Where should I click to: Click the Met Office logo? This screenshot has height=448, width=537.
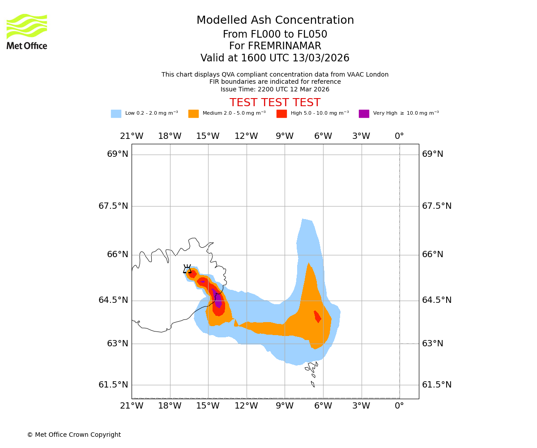[x=27, y=32]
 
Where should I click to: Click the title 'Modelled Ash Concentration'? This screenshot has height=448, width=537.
[x=275, y=21]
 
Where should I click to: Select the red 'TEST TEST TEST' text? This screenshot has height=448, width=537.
[x=275, y=103]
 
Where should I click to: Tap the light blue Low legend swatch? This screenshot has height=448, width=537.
[x=116, y=114]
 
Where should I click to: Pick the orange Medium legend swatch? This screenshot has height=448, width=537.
[x=193, y=114]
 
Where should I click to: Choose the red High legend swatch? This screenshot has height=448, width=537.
[x=281, y=114]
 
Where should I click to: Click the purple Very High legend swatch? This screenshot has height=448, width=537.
[x=364, y=114]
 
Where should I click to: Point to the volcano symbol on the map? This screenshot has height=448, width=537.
[x=187, y=269]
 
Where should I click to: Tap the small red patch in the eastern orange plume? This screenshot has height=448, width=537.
[x=317, y=316]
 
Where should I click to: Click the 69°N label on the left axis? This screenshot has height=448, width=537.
[x=118, y=154]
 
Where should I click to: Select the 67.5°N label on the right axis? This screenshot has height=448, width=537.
[x=436, y=206]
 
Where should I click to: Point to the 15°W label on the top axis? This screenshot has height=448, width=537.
[x=208, y=136]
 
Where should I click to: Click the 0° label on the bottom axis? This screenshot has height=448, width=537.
[x=399, y=406]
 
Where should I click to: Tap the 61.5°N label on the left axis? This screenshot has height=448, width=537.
[x=113, y=385]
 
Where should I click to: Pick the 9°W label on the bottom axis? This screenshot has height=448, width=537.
[x=285, y=406]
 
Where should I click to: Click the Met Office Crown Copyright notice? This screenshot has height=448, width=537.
[x=74, y=435]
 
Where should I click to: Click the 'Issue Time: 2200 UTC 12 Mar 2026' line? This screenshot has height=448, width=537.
[x=275, y=90]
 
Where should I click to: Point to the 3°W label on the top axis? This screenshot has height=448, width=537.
[x=361, y=136]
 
